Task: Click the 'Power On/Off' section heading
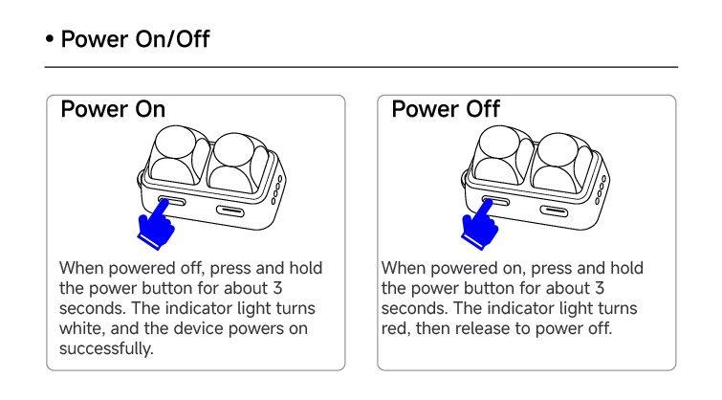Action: point(136,38)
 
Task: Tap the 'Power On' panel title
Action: point(113,109)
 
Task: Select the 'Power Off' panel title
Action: point(446,109)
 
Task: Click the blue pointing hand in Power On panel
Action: point(156,225)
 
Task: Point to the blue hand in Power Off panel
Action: point(479,225)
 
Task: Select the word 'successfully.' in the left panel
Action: point(106,348)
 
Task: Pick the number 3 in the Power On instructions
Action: point(277,288)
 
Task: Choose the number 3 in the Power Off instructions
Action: point(599,288)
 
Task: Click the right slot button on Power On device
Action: point(230,211)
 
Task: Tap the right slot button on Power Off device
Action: point(554,211)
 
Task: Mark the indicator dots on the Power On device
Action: point(276,189)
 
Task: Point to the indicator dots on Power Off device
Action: point(601,189)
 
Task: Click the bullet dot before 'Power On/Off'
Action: point(50,39)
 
